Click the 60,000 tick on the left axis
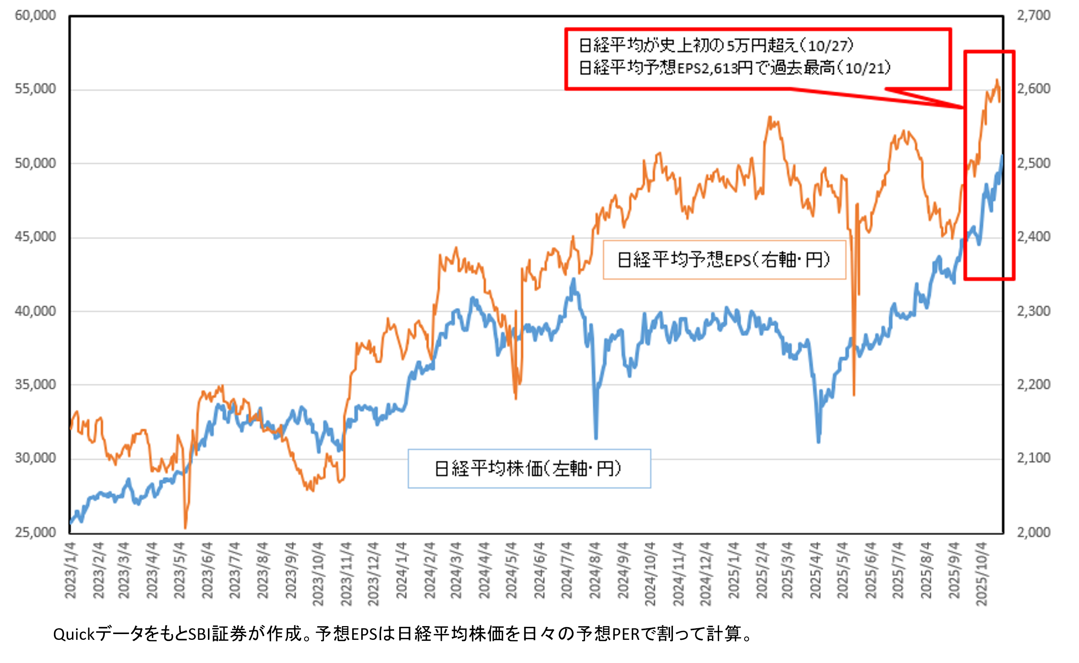(x=35, y=16)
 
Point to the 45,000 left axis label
(x=35, y=237)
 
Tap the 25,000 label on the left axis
(x=35, y=532)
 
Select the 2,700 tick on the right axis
(x=1033, y=16)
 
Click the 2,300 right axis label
(x=1033, y=311)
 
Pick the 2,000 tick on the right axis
(x=1033, y=532)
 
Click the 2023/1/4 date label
(x=71, y=570)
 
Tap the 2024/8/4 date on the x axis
(x=595, y=570)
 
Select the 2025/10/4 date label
(x=982, y=574)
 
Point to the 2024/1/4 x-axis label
(x=401, y=570)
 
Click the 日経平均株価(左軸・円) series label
(x=529, y=469)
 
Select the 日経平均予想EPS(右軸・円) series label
(x=724, y=260)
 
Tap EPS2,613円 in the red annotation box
(x=715, y=68)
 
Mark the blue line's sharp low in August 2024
(x=596, y=437)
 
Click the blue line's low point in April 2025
(x=818, y=442)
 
